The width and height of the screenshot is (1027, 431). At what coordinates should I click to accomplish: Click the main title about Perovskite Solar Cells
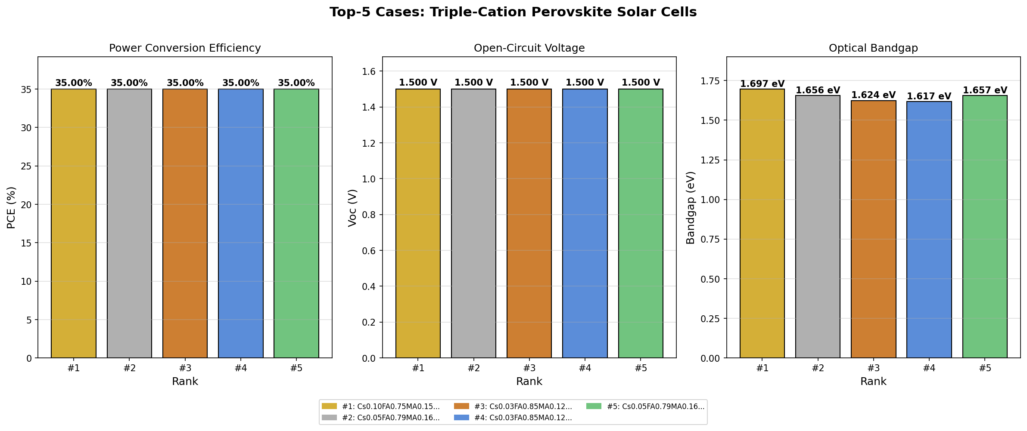513,12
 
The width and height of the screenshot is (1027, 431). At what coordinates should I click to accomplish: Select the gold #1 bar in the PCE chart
74,223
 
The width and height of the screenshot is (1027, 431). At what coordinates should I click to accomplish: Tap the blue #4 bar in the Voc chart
585,223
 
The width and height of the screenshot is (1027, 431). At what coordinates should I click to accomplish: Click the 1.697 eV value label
762,84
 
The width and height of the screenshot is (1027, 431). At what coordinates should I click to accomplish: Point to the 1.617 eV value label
929,96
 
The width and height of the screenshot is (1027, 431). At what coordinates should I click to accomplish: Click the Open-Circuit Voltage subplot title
529,48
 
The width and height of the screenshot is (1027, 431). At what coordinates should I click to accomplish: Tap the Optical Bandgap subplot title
873,48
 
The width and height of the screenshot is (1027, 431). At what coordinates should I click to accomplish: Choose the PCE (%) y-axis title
12,207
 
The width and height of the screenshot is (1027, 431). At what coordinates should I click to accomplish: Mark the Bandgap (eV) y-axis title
691,207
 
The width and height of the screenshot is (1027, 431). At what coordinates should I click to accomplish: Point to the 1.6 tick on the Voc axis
370,71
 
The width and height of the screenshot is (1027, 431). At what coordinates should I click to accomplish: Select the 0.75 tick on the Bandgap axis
711,239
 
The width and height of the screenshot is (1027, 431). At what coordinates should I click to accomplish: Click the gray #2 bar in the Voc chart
473,223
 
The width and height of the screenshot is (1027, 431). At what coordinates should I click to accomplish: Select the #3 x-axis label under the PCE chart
185,368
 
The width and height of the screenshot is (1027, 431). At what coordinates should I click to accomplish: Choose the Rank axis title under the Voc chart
529,382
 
